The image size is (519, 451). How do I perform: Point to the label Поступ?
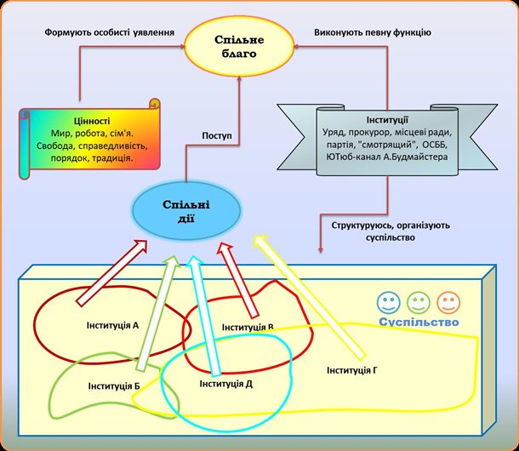217,136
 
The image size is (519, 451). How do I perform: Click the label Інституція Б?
113,386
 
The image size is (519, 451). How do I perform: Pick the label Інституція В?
248,327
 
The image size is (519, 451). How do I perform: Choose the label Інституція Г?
352,370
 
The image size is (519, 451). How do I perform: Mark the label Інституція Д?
225,384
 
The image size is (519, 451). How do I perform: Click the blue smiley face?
389,302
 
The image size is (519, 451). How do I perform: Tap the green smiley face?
419,302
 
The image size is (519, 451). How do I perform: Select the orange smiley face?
448,302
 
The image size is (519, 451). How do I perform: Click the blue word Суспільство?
418,323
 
